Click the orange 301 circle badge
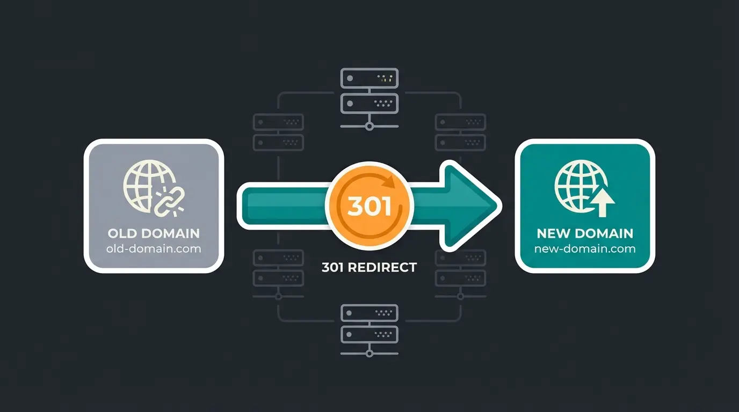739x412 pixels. tap(369, 206)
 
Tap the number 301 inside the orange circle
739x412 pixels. tap(369, 207)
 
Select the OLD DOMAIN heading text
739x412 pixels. tap(154, 233)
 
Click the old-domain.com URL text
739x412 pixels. tap(154, 248)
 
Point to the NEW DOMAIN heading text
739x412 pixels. tap(585, 233)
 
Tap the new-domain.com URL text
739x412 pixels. tap(585, 248)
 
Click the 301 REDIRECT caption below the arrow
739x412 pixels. tap(369, 267)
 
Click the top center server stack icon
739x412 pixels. tap(369, 91)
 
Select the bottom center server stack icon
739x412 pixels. tap(369, 323)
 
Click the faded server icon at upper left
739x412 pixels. tap(278, 132)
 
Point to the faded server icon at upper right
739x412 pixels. tap(460, 132)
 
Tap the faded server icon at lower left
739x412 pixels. tap(278, 268)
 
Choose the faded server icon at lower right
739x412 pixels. tap(460, 268)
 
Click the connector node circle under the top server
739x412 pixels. tap(369, 127)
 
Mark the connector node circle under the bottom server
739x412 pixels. tap(369, 354)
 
